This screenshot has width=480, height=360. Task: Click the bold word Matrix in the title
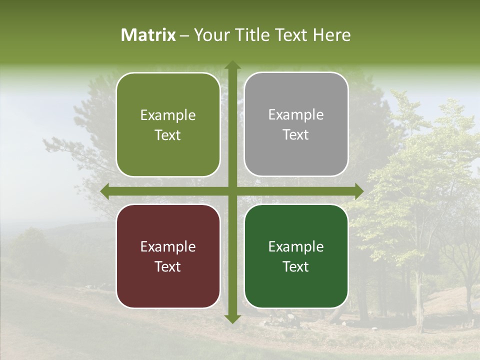148,35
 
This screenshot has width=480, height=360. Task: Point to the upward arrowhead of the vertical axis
232,65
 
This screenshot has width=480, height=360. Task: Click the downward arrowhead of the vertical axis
232,318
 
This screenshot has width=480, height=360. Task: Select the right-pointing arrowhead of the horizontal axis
358,191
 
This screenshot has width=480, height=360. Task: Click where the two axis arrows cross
232,191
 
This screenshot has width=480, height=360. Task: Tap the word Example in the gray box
296,115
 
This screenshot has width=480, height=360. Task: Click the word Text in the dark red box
168,266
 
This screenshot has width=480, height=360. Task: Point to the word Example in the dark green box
296,246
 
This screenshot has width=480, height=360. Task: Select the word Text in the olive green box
168,135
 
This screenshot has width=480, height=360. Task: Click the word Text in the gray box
296,134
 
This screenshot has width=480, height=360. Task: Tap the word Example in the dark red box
168,246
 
